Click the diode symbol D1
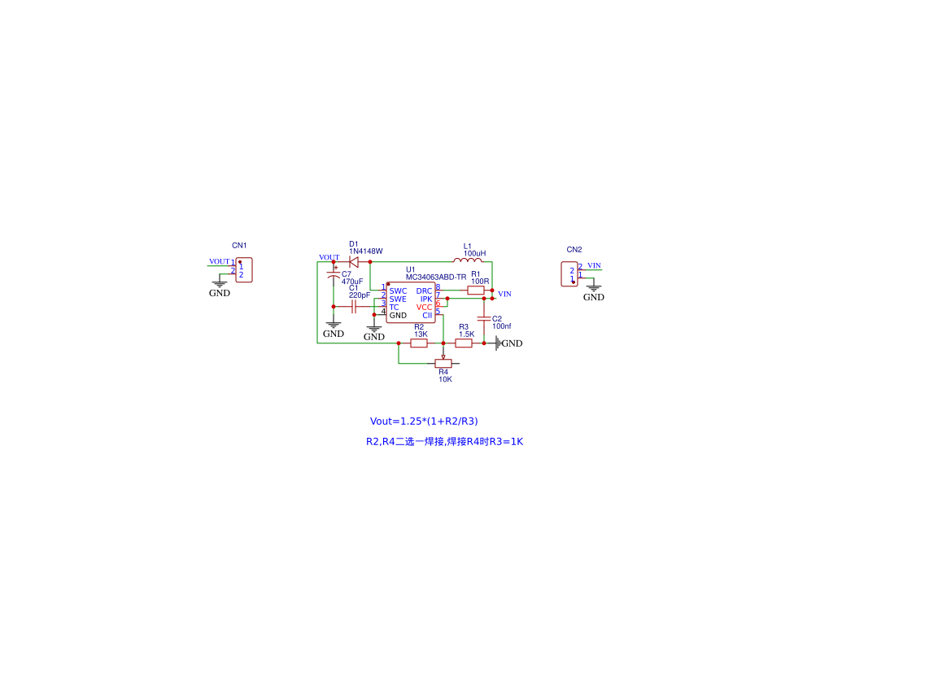click(354, 262)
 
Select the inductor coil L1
click(468, 260)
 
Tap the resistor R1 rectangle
click(475, 291)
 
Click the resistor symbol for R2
click(419, 343)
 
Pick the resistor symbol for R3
click(464, 343)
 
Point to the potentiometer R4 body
click(443, 364)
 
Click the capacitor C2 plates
click(484, 319)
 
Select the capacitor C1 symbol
click(354, 307)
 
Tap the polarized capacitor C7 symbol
click(334, 275)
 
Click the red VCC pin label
click(424, 308)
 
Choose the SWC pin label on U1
click(399, 291)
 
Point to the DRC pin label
click(424, 291)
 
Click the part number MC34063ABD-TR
click(436, 278)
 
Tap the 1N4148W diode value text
click(366, 251)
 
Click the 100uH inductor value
click(475, 254)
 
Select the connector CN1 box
click(244, 270)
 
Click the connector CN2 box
click(569, 274)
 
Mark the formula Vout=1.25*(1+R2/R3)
click(424, 422)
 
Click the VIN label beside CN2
click(595, 266)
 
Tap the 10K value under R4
click(445, 379)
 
